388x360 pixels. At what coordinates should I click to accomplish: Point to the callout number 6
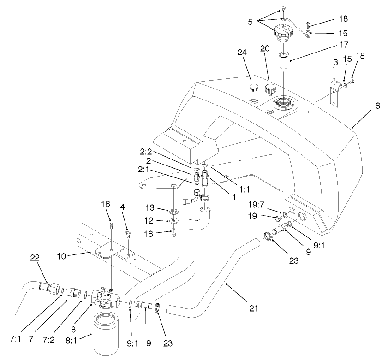(x=378, y=106)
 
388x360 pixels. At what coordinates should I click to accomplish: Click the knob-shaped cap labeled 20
(x=270, y=89)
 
